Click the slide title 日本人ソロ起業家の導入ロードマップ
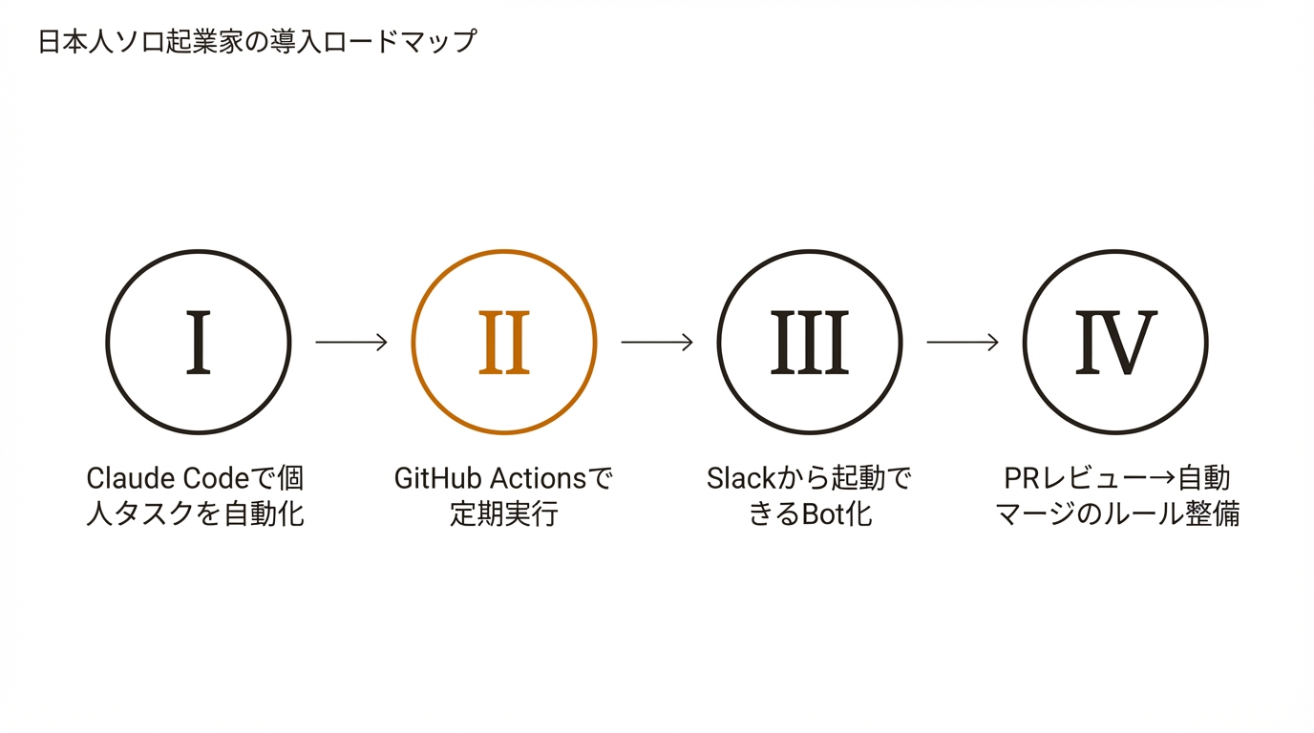click(257, 43)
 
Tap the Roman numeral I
click(198, 343)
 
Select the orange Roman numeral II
click(503, 343)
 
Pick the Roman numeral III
click(809, 343)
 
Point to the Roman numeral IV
click(1115, 343)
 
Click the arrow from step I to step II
click(351, 342)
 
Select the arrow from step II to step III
click(657, 342)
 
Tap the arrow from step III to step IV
click(963, 342)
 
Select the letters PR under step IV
click(1021, 478)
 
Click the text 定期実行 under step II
click(503, 514)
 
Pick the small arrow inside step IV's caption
click(1161, 478)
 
